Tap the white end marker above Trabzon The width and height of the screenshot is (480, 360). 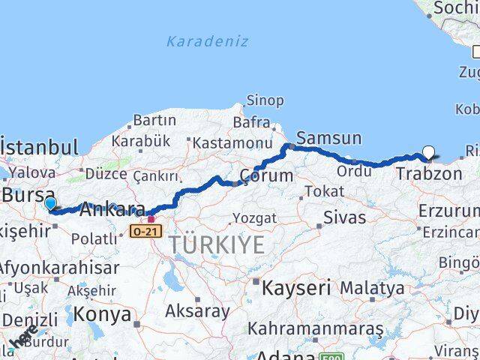pos(428,153)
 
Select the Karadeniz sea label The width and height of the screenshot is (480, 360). pos(207,41)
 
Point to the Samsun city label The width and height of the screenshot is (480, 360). pos(328,138)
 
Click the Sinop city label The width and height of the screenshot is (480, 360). pos(265,100)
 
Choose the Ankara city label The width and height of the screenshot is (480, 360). pos(112,209)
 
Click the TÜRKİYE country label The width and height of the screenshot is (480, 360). pos(216,244)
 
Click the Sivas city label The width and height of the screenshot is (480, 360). pos(344,218)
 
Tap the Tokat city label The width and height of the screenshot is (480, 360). pos(323,191)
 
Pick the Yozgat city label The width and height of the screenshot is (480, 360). pos(254,218)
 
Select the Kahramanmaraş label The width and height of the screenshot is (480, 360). pos(315,328)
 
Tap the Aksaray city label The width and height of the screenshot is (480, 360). pos(197,310)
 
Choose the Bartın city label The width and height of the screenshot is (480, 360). pos(154,120)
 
